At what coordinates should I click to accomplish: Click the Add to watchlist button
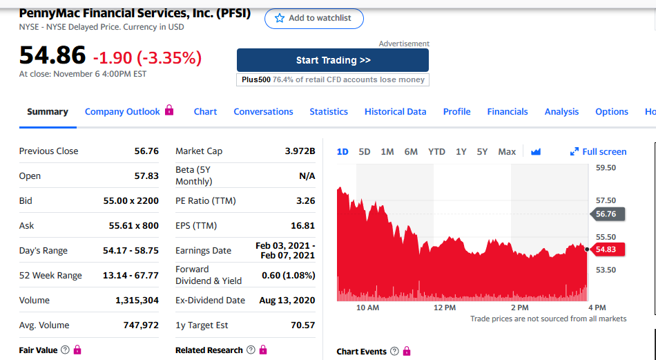313,19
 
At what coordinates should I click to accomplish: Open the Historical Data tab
395,111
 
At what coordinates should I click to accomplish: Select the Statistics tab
329,111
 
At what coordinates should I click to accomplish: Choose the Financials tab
508,111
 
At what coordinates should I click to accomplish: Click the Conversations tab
263,111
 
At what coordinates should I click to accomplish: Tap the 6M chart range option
411,151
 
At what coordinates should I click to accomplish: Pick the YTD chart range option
436,151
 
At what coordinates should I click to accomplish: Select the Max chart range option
507,151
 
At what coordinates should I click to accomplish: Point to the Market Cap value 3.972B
300,151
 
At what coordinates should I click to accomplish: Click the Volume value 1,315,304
137,300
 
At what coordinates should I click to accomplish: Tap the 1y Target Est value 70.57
303,325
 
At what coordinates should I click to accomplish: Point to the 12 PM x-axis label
445,307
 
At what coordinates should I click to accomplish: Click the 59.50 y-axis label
606,168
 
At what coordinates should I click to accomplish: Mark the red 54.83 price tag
608,249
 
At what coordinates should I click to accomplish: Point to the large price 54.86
52,55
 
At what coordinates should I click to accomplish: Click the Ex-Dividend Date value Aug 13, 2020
287,300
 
